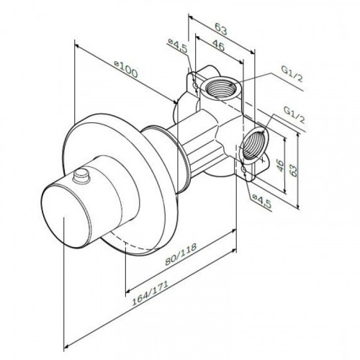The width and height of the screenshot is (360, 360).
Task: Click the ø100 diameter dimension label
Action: pos(126,70)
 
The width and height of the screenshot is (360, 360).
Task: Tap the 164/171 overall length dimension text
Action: pos(150,293)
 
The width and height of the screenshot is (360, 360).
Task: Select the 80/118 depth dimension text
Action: pos(181,254)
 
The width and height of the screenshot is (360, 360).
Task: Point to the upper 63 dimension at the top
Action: pos(220,30)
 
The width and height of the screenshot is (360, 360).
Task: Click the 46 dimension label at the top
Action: pos(218,45)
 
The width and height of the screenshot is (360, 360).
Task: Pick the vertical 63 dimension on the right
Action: pos(293,170)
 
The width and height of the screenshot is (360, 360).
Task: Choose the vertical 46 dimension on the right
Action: pos(280,166)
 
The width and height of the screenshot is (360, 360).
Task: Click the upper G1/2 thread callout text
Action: pos(292,74)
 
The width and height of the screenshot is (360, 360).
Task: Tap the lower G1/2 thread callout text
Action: pos(294,115)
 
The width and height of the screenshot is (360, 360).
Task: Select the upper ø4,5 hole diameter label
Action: pos(179,45)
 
